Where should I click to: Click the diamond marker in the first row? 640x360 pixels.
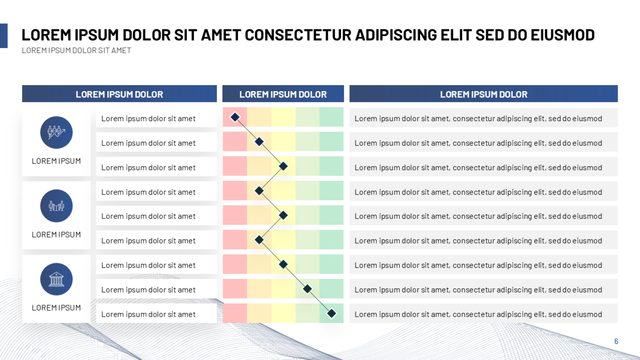coord(235,117)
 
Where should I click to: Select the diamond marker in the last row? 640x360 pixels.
coord(331,313)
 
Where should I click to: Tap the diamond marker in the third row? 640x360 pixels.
coord(283,166)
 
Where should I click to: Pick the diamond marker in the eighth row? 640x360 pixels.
coord(308,289)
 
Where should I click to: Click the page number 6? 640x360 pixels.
coord(616,341)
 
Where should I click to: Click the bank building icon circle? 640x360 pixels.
coord(56,279)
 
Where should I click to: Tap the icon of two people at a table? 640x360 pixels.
coord(56,206)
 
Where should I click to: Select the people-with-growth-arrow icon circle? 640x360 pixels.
coord(56,132)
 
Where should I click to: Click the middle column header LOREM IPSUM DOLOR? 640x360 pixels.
coord(283,94)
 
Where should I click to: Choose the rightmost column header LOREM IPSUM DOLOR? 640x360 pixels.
coord(483,94)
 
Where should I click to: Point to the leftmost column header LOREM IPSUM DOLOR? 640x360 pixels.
coord(119,94)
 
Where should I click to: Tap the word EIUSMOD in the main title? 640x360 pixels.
coord(563,35)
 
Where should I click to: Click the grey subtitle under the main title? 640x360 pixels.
coord(76,50)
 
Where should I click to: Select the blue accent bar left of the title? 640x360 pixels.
coord(4,36)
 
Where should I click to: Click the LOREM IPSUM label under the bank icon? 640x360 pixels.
coord(56,308)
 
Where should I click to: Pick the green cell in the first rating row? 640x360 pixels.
coord(331,117)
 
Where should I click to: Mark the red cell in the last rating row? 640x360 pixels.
coord(235,313)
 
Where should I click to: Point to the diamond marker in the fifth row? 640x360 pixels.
coord(283,215)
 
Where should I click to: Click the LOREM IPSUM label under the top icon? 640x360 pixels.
coord(56,161)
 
